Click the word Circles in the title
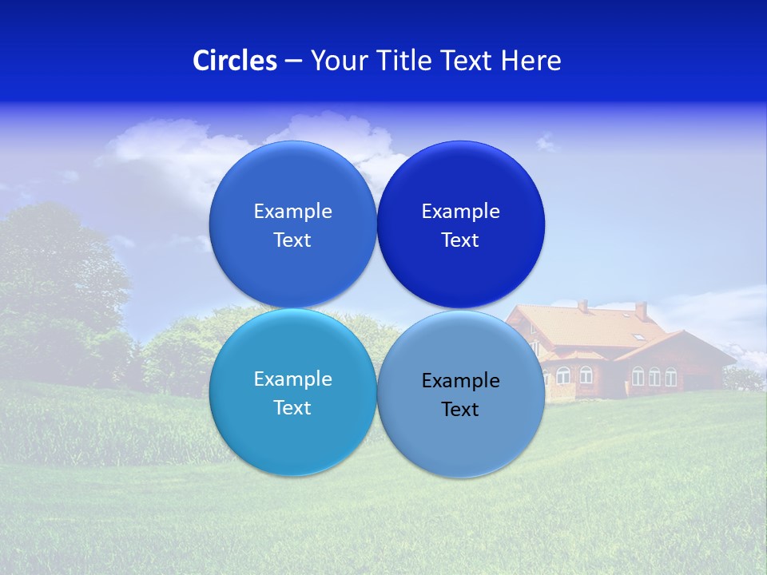coord(234,61)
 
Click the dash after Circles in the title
coord(293,61)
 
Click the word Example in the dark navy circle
coord(460,211)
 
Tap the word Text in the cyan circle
coord(292,407)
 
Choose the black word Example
coord(460,380)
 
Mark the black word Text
coord(460,409)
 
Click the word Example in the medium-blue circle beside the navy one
coord(292,211)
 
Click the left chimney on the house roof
coord(583,306)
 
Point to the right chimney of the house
coord(641,310)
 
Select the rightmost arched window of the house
coord(671,376)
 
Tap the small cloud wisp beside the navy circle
coord(547,143)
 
